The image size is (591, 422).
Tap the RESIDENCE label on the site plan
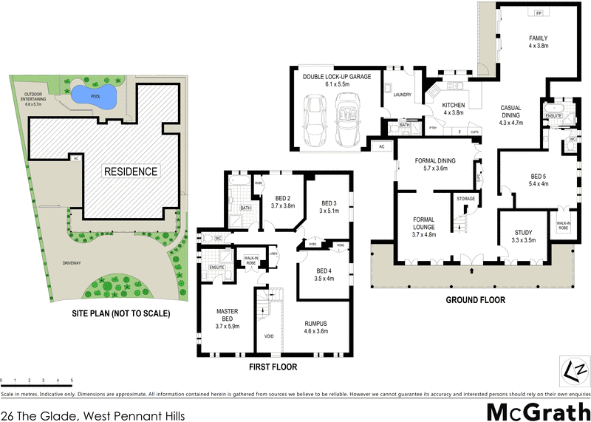[x=130, y=171]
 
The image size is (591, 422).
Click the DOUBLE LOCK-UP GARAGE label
[x=342, y=77]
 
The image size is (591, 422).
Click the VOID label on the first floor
[x=269, y=336]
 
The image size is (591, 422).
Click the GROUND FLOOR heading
[x=475, y=300]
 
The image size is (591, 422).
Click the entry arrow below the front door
[x=471, y=271]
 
